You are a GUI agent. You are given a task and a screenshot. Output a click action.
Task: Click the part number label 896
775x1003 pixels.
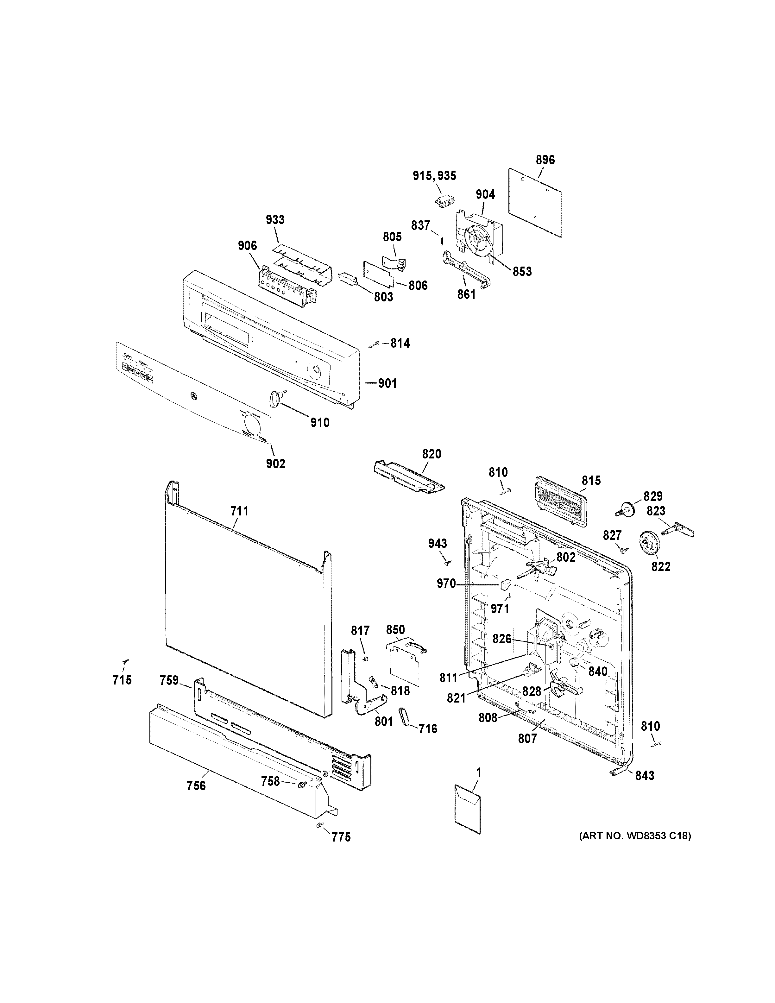pos(545,160)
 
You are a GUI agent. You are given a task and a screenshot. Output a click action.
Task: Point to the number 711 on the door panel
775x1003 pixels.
pos(239,511)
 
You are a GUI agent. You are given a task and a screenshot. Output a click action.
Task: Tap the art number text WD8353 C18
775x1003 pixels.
pos(634,836)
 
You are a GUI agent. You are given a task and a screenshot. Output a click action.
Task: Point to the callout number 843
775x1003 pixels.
pos(645,776)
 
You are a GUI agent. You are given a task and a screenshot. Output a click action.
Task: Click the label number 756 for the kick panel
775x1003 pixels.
pos(196,786)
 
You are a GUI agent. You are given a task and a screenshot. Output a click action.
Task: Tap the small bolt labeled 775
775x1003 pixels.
pos(320,825)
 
